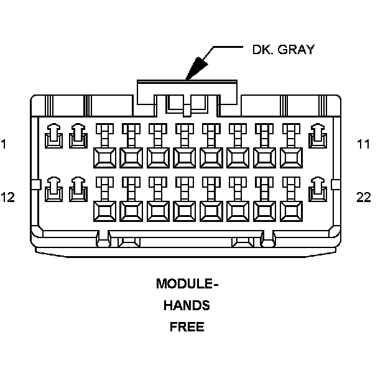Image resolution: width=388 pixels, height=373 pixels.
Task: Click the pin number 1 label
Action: [4, 145]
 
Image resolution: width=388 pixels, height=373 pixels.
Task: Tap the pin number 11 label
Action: [364, 145]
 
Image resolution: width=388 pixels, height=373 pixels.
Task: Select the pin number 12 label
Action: [7, 197]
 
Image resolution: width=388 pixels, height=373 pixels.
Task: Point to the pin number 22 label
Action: [364, 197]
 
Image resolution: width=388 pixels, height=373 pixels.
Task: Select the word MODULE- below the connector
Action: [187, 284]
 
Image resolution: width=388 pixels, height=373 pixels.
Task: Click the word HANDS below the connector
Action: [187, 305]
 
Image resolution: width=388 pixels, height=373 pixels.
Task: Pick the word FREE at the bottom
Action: [187, 326]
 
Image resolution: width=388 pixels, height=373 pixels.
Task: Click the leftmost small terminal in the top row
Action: [54, 135]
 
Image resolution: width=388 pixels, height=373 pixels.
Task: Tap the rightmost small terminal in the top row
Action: [318, 135]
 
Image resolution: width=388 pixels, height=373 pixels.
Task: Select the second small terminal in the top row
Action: [78, 135]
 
